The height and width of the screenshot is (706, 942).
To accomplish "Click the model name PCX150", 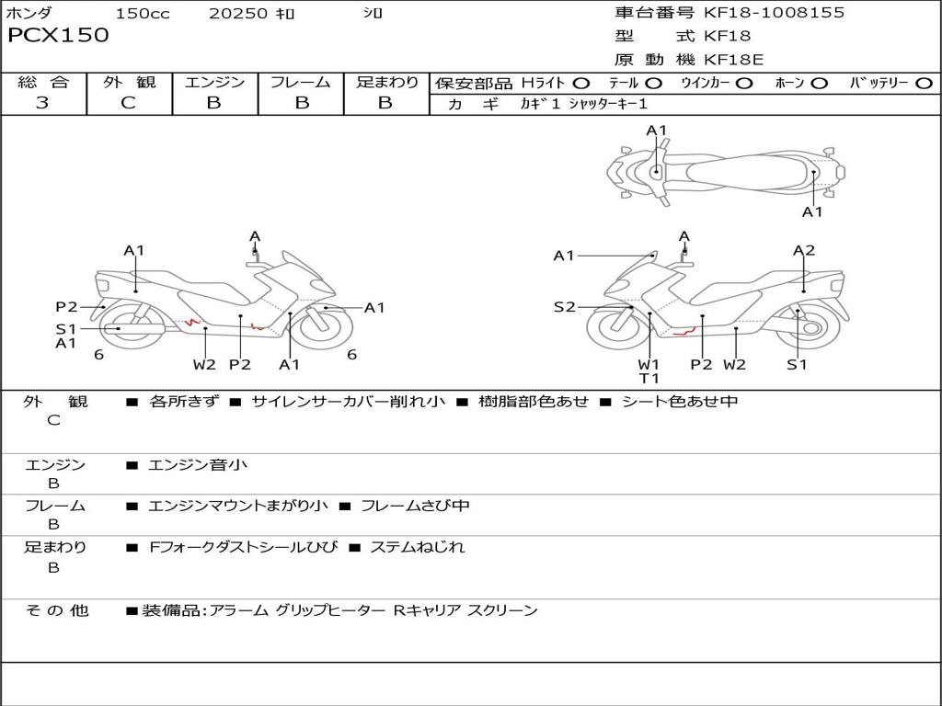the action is pyautogui.click(x=58, y=36).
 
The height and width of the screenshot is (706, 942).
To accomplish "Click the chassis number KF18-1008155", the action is pyautogui.click(x=774, y=13).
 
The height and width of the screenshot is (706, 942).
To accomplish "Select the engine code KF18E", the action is pyautogui.click(x=734, y=60).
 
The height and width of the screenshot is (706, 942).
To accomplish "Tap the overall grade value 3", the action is pyautogui.click(x=42, y=103).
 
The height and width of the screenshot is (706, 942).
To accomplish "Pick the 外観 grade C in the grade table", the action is pyautogui.click(x=128, y=103).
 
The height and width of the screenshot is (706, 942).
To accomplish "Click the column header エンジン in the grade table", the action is pyautogui.click(x=214, y=83).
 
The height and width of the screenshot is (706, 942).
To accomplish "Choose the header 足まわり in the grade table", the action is pyautogui.click(x=386, y=83).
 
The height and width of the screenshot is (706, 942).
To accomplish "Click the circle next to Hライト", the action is pyautogui.click(x=580, y=84).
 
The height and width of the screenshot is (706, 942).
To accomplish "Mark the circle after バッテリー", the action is pyautogui.click(x=925, y=84).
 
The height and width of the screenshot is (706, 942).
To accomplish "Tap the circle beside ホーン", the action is pyautogui.click(x=819, y=84).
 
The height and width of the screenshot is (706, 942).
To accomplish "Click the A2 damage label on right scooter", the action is pyautogui.click(x=804, y=250).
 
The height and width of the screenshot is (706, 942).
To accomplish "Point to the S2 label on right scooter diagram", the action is pyautogui.click(x=564, y=307).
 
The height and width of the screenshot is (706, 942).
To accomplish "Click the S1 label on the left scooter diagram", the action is pyautogui.click(x=65, y=328).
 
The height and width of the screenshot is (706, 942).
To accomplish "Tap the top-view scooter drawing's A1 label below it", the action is pyautogui.click(x=812, y=212).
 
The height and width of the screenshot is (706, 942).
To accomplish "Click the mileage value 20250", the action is pyautogui.click(x=238, y=13).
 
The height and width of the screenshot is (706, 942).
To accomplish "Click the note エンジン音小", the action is pyautogui.click(x=198, y=465).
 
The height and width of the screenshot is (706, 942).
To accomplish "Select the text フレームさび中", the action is pyautogui.click(x=415, y=506).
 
